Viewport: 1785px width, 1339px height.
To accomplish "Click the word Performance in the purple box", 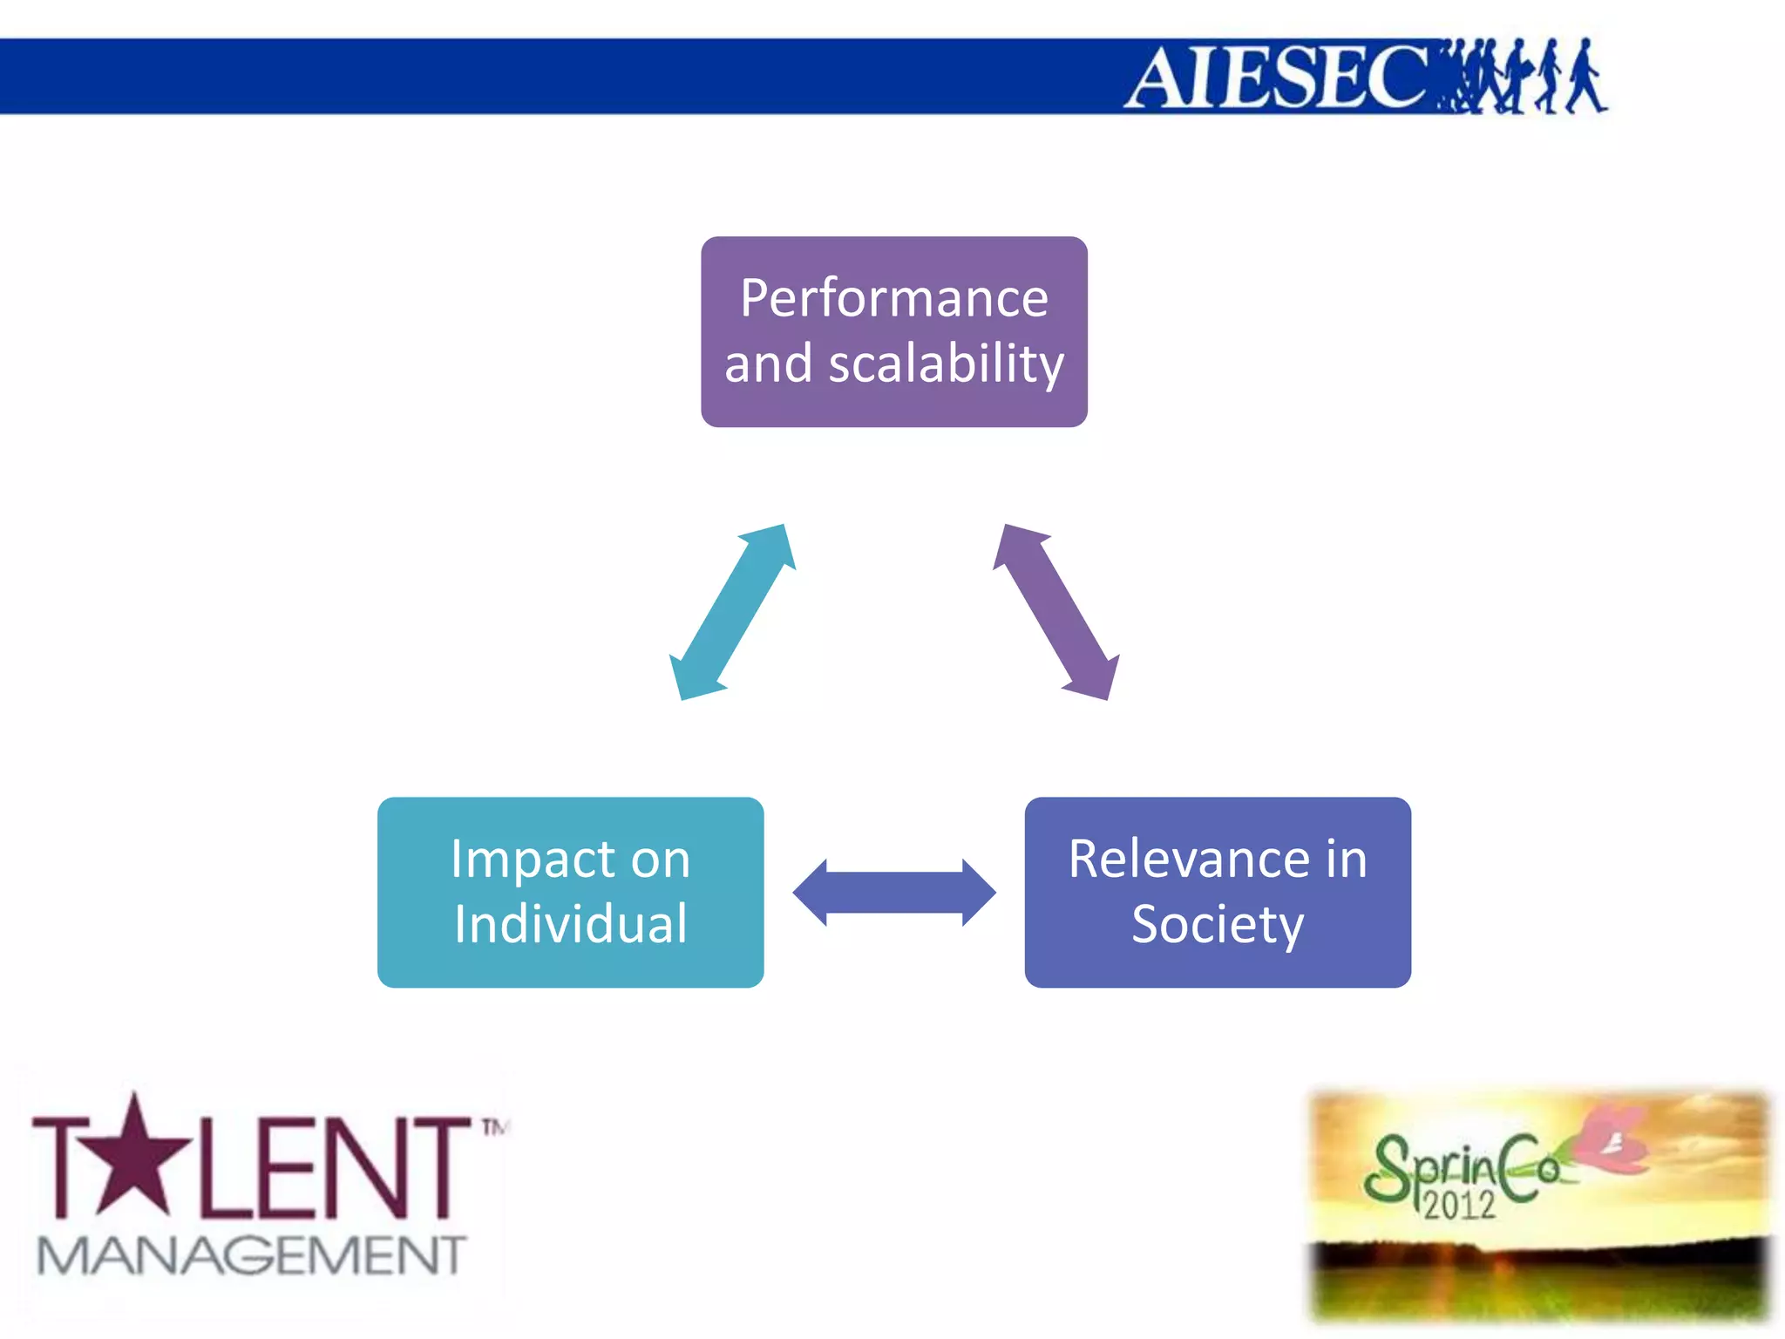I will click(x=893, y=299).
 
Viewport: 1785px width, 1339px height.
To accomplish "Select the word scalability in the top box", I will click(x=946, y=364).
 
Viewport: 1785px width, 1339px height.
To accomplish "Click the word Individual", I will click(x=571, y=924).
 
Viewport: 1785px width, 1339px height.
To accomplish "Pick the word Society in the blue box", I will click(x=1218, y=924).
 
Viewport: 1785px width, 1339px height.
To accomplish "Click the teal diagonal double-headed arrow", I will click(x=732, y=612).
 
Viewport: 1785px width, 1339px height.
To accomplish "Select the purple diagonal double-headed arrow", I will click(x=1055, y=612).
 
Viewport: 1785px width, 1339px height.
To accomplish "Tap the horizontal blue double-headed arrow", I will click(x=894, y=893).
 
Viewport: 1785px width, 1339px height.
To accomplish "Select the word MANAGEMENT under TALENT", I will click(x=251, y=1255).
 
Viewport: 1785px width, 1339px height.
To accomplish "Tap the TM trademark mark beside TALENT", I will click(x=494, y=1128).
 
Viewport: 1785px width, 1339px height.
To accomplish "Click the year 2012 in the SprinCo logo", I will click(x=1459, y=1206).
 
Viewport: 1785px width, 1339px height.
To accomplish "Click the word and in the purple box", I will click(x=768, y=364).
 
